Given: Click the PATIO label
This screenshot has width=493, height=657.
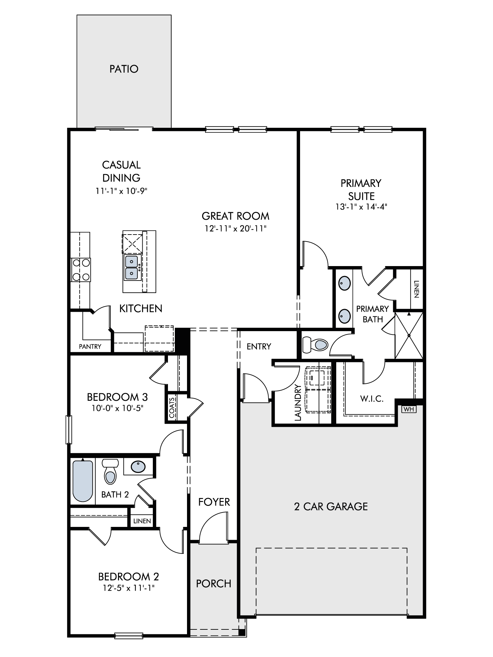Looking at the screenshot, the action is [x=124, y=69].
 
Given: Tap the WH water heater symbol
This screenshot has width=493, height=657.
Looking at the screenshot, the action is [x=409, y=409].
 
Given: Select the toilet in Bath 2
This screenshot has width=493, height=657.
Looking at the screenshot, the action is [x=110, y=472].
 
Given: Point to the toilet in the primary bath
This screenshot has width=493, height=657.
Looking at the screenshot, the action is [x=315, y=345].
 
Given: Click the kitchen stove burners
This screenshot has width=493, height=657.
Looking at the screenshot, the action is [x=81, y=270].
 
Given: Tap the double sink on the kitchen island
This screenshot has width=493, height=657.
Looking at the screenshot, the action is [x=132, y=267].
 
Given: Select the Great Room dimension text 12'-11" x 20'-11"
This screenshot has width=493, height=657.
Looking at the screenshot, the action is [x=235, y=229].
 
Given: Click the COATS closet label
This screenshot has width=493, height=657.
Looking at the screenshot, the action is [x=172, y=408].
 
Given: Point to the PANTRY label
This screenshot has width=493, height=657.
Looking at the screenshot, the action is [x=90, y=347].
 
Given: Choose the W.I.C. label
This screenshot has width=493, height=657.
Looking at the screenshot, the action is [x=372, y=399].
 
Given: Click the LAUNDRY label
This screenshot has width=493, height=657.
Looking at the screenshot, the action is [x=298, y=402].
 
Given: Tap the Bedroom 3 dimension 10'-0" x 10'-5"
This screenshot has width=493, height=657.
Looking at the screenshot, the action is [x=118, y=408].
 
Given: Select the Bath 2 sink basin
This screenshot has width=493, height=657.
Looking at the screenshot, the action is [x=138, y=466].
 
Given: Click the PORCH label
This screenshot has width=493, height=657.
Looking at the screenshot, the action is [x=214, y=584].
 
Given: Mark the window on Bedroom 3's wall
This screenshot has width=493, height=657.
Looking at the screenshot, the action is [x=69, y=429].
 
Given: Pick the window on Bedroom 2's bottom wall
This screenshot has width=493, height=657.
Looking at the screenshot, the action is [x=129, y=636].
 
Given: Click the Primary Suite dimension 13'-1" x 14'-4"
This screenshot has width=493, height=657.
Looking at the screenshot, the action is [x=361, y=207].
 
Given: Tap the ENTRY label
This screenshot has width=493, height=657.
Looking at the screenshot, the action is [x=259, y=347].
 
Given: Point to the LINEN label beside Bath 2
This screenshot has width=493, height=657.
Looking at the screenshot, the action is [x=142, y=521].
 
